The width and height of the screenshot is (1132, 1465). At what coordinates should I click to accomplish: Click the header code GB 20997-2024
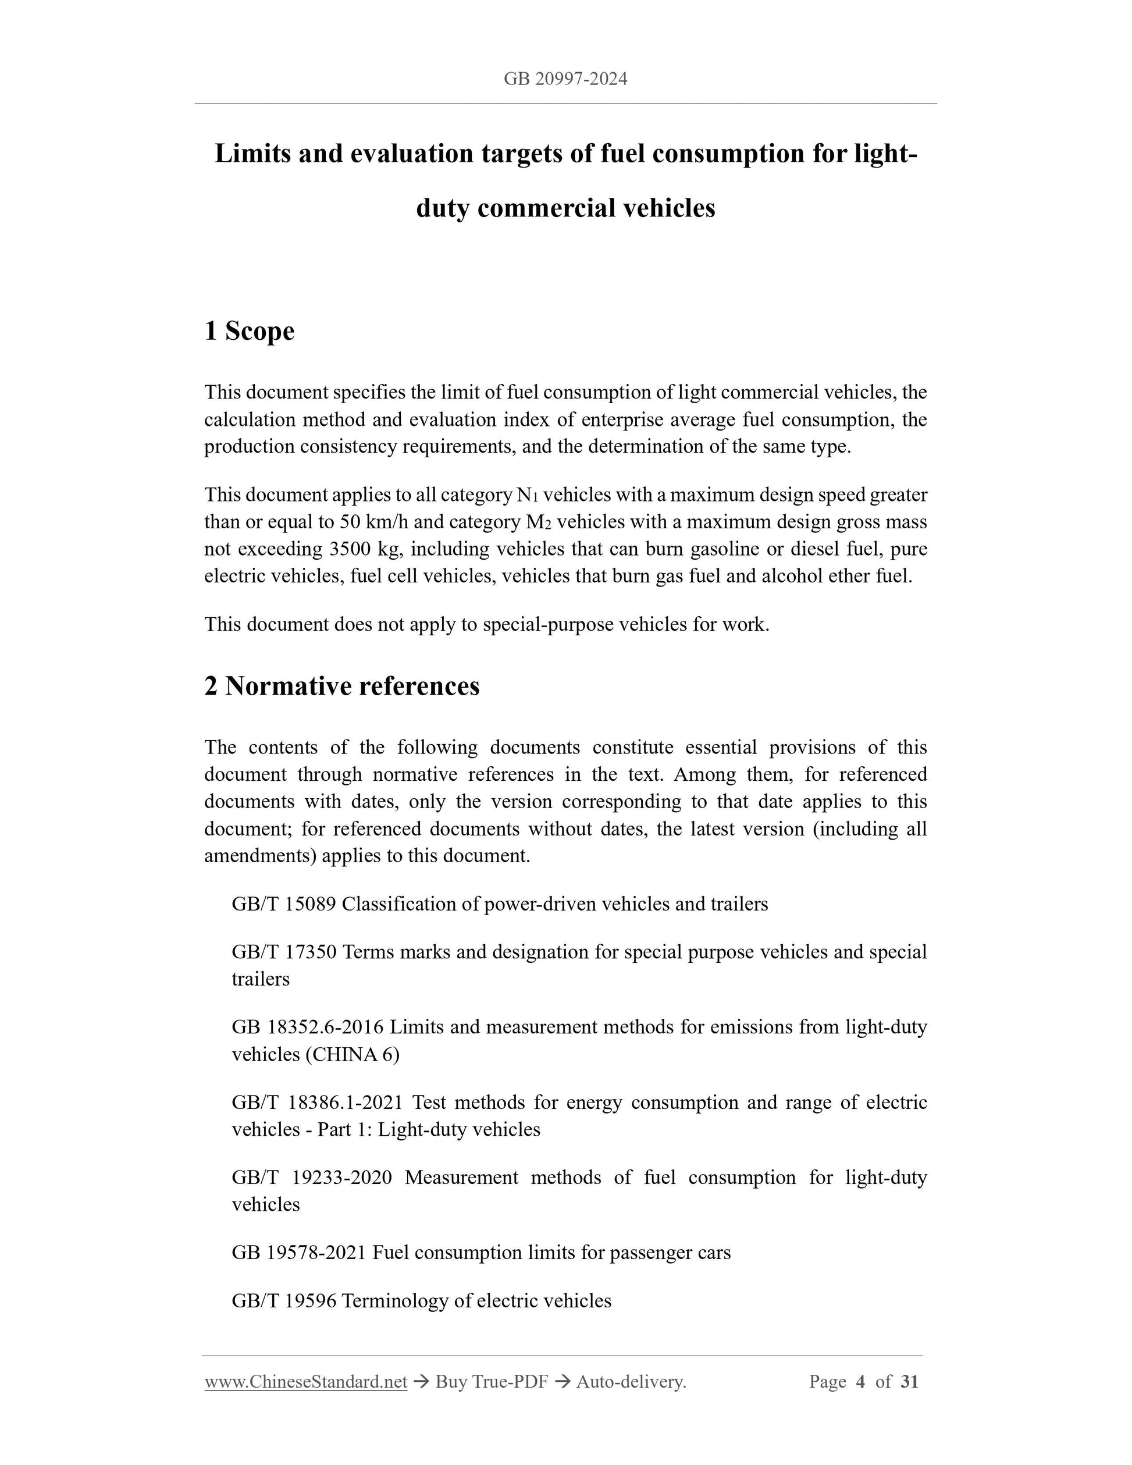565,79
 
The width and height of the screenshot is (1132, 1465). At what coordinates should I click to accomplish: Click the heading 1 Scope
250,330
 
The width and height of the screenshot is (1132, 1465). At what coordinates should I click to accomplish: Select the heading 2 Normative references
342,685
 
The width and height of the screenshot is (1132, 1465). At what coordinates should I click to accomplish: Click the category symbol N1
527,495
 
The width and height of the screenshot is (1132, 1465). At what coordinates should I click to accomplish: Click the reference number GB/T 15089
283,904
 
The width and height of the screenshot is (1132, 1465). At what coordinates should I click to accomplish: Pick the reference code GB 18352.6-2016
307,1027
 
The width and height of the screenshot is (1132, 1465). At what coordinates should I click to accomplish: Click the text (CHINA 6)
352,1054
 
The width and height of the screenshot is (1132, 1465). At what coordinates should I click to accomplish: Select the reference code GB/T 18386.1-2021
316,1102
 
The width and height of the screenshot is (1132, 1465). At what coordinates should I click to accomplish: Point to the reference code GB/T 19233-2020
311,1177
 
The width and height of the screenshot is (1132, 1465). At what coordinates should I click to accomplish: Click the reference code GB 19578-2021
299,1253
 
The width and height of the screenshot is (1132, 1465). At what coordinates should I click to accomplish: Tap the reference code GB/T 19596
283,1301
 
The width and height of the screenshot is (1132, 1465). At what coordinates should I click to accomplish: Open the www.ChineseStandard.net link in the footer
306,1382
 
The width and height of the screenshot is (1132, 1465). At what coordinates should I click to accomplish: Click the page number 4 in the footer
861,1382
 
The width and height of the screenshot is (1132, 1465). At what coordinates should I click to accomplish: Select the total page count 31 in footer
909,1382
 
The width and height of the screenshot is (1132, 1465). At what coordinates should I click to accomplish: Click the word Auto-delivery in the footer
631,1382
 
